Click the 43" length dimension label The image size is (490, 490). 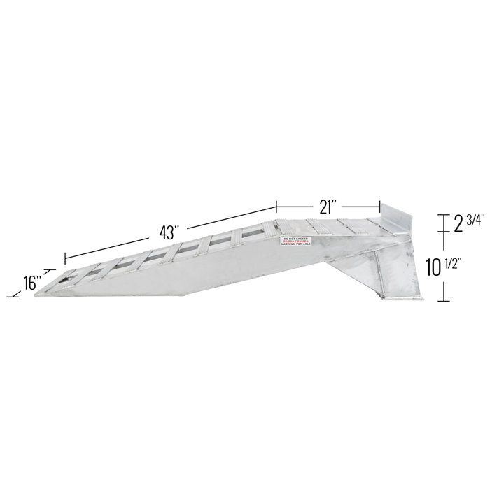(x=171, y=230)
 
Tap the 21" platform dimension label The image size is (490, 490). (x=328, y=207)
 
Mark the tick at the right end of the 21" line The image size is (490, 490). (x=380, y=207)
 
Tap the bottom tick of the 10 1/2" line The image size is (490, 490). (x=442, y=301)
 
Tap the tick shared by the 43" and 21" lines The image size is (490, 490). (x=276, y=207)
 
